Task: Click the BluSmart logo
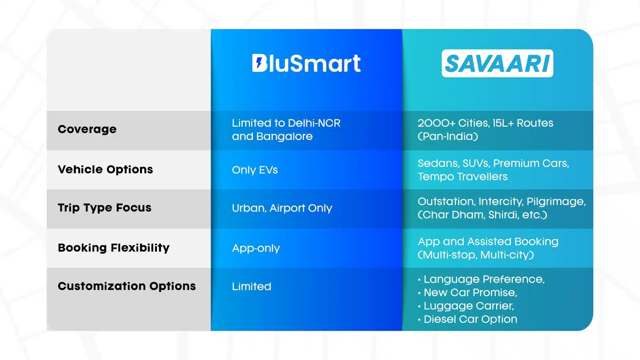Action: (x=306, y=63)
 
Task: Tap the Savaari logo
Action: (x=497, y=63)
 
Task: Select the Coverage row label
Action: (x=87, y=129)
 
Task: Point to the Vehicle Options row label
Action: (x=106, y=169)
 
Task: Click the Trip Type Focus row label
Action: (x=104, y=208)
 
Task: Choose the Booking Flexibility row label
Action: (x=114, y=248)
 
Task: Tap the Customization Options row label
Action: (x=127, y=286)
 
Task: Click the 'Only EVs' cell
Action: (x=255, y=170)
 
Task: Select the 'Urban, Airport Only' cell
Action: (x=282, y=208)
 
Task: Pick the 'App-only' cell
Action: (x=256, y=248)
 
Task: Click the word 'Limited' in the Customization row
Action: (x=252, y=286)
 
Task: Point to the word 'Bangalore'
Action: (x=284, y=136)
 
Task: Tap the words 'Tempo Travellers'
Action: (x=462, y=176)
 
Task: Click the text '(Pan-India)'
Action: (x=448, y=136)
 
